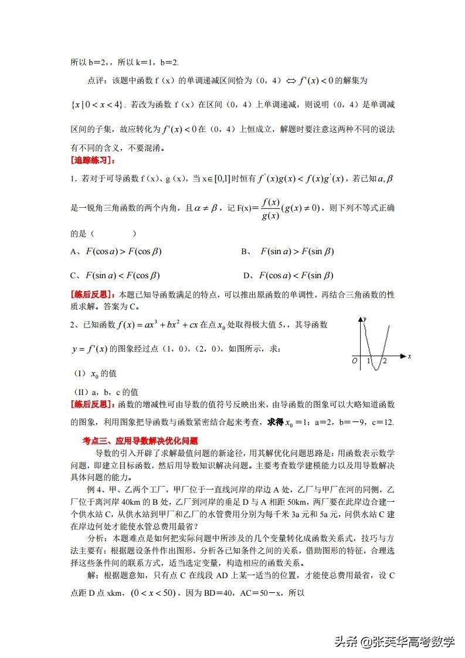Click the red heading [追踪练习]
[93, 160]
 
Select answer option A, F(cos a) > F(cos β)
[116, 251]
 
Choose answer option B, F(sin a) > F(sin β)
[288, 251]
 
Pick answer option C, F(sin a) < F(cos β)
[116, 275]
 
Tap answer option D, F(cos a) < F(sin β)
[288, 275]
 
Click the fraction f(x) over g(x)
[270, 208]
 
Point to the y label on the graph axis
[365, 318]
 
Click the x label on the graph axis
[408, 356]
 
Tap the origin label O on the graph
[354, 360]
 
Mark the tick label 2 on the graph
[385, 360]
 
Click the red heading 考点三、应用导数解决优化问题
[140, 440]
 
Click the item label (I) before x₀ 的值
[78, 373]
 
